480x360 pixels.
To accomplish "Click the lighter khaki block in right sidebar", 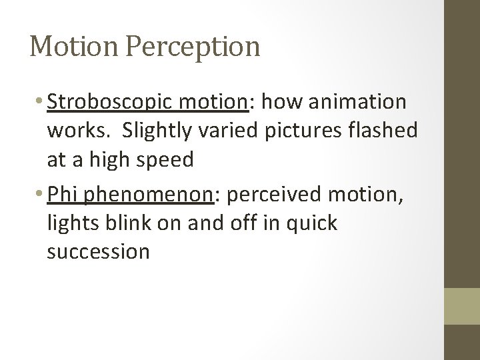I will tap(462, 305).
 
